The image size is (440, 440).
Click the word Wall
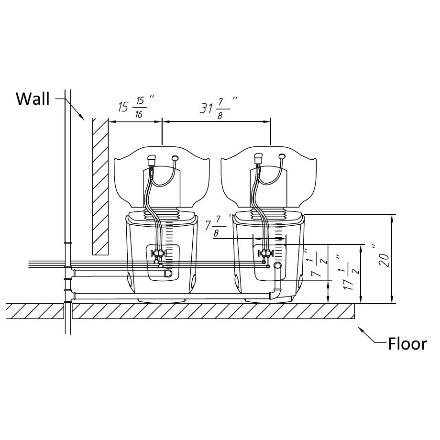coord(33,99)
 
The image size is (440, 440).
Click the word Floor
coord(407,343)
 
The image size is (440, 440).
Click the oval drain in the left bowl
coord(175,157)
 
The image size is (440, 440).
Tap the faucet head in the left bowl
coord(152,159)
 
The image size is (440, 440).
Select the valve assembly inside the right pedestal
coord(264,254)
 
